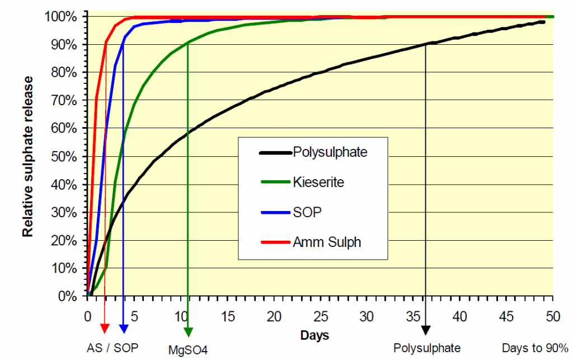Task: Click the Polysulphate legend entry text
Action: pos(330,152)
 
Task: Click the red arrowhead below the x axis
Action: pos(105,328)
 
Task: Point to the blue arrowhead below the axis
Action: pos(123,328)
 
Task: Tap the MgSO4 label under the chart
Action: pos(188,350)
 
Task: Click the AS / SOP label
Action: pos(112,347)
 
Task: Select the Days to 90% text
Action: pos(535,348)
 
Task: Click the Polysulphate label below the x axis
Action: pos(427,348)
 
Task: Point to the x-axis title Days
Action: pos(314,335)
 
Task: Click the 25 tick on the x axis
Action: pos(320,316)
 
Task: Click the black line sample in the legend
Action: pos(275,152)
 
